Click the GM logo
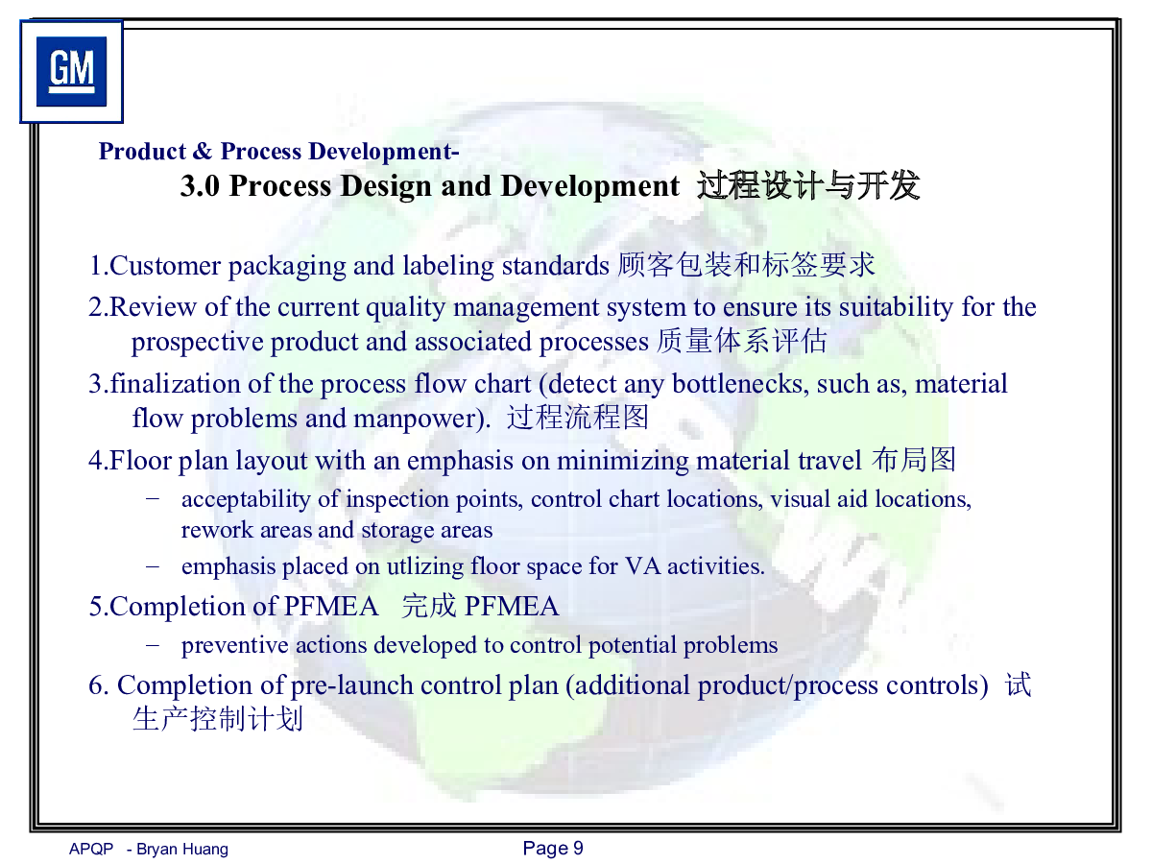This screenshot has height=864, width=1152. point(71,71)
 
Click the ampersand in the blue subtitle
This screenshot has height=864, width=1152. point(203,151)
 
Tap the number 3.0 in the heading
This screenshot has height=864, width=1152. point(200,185)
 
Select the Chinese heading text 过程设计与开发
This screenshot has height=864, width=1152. point(808,185)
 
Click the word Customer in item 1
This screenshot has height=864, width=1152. point(165,266)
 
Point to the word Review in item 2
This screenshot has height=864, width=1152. point(153,307)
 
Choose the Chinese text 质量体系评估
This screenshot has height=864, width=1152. point(742,342)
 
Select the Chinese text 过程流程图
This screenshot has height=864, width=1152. point(578,418)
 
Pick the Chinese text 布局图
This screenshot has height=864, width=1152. point(914,460)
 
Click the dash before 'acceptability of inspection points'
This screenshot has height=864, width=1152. point(153,498)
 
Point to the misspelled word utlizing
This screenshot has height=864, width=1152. point(425,566)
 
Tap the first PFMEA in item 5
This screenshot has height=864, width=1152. point(331,607)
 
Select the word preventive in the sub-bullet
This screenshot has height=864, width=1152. point(234,645)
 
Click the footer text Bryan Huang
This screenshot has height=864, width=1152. point(182,849)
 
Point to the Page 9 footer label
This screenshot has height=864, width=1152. point(553,849)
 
